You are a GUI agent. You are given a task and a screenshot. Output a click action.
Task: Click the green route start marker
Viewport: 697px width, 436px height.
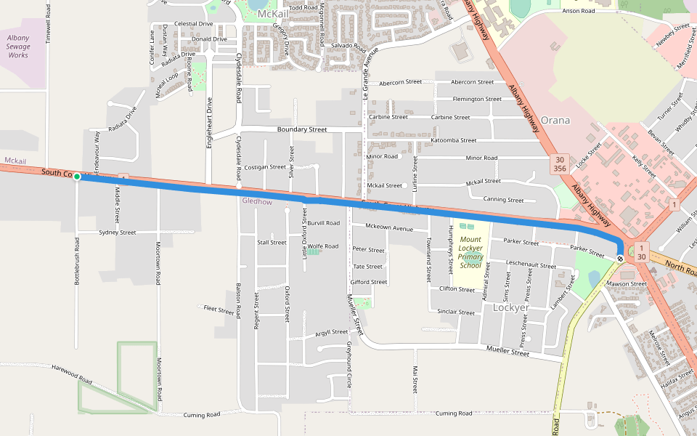coord(77,177)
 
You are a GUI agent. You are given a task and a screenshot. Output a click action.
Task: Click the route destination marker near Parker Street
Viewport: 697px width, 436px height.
coord(620,258)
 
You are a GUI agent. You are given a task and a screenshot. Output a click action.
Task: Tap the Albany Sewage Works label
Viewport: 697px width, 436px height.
coord(18,46)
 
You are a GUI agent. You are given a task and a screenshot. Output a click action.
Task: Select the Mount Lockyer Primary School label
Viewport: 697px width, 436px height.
coord(470,252)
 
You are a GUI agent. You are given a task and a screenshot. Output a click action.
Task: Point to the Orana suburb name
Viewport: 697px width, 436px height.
coord(555,121)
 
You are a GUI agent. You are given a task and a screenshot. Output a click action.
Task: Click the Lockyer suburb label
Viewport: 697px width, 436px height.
coord(510,307)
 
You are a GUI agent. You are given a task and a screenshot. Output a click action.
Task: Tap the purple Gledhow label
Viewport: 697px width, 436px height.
coord(257,201)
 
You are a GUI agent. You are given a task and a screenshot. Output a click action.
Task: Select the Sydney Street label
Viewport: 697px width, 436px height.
coord(117,233)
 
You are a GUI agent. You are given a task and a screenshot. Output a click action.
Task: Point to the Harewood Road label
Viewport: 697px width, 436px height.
coord(72,374)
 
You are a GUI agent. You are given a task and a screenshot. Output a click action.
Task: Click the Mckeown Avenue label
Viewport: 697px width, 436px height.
coord(388,227)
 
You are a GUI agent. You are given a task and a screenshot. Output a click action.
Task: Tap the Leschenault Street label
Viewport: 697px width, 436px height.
coord(531,265)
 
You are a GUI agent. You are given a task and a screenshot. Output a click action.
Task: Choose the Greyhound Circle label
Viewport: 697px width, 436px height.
coord(349,363)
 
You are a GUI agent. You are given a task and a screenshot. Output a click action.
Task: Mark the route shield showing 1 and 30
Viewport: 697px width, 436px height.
coord(642,252)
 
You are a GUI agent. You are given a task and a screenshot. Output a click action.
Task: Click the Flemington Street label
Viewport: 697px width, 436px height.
coord(476,99)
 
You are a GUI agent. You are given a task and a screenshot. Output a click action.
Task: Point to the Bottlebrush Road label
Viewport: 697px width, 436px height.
coord(77,259)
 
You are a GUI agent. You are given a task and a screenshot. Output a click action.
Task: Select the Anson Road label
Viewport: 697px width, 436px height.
coord(579,11)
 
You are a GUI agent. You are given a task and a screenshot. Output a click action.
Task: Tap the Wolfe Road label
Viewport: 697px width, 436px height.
coord(323,246)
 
